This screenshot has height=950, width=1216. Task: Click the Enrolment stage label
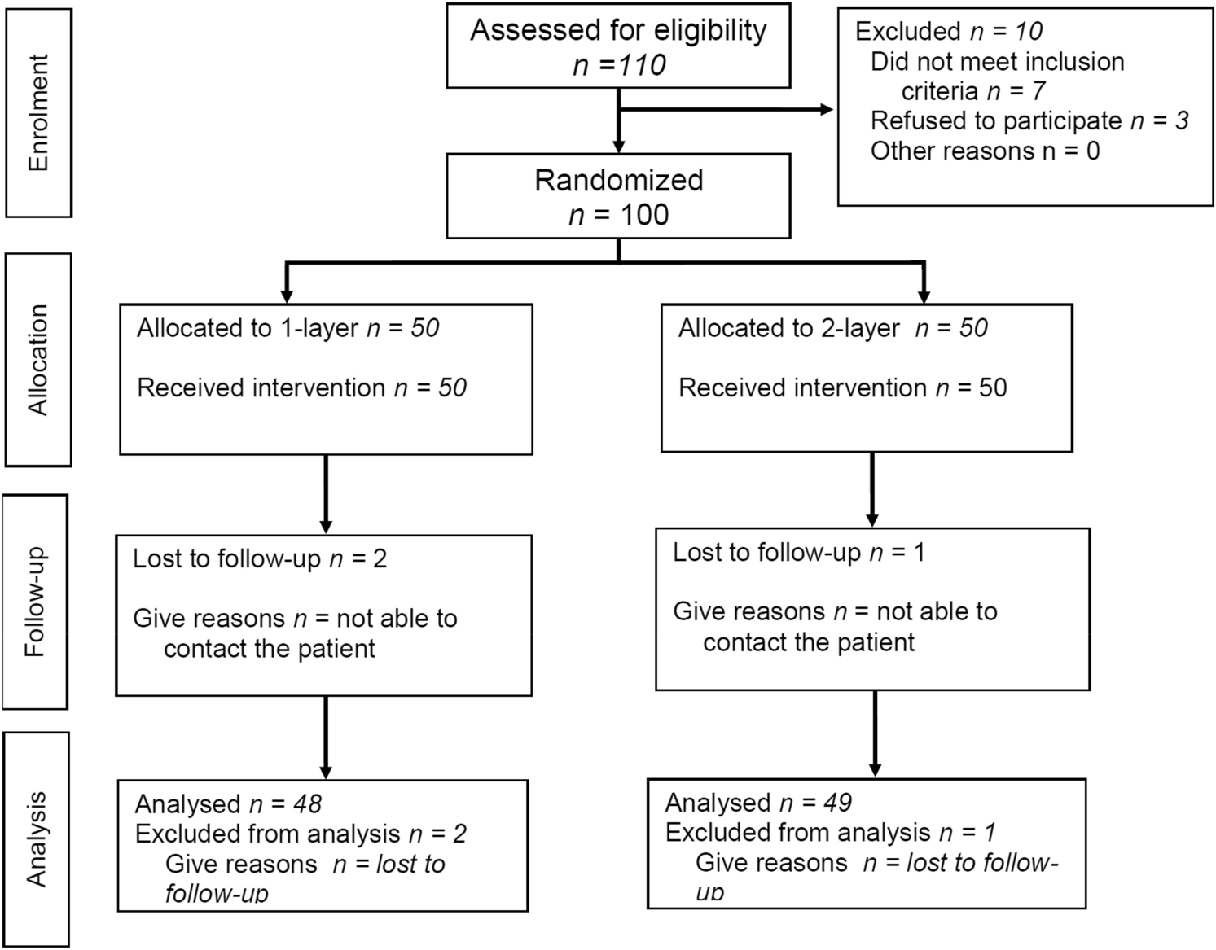click(x=38, y=112)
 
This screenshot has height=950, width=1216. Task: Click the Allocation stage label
click(x=38, y=360)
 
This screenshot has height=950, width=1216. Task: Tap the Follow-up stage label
click(x=35, y=602)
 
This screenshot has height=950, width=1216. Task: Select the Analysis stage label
click(x=37, y=838)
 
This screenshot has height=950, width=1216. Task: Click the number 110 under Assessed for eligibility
click(x=642, y=65)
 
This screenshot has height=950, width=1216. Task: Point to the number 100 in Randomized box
click(x=644, y=215)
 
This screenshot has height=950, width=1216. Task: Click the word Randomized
click(x=618, y=180)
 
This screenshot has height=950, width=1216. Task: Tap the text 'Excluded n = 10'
click(x=948, y=31)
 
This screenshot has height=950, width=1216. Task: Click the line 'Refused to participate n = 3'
click(x=1029, y=120)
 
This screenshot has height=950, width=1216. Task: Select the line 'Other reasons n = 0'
click(x=985, y=151)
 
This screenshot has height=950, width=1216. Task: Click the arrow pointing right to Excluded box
click(x=823, y=110)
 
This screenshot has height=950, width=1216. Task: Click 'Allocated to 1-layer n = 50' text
click(x=288, y=328)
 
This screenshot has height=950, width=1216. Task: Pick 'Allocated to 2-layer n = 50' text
click(x=832, y=328)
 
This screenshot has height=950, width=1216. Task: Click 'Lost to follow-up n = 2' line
click(x=260, y=559)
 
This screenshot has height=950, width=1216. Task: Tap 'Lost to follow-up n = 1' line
click(x=798, y=553)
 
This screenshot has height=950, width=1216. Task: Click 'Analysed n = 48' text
click(x=228, y=804)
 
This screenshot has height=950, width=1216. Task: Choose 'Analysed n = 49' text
click(x=757, y=803)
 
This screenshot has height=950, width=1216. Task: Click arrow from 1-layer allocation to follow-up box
click(x=326, y=493)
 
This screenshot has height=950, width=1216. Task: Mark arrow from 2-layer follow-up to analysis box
click(x=875, y=733)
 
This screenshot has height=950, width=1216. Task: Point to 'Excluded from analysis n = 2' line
click(x=301, y=834)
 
